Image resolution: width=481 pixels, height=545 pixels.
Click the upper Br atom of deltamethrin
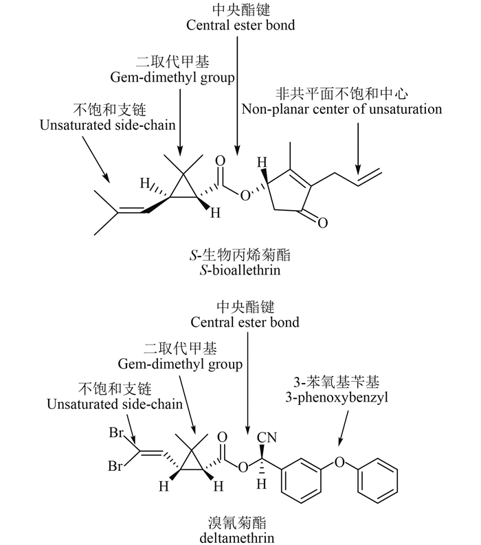(x=115, y=434)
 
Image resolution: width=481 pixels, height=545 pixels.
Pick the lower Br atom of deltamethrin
(x=115, y=466)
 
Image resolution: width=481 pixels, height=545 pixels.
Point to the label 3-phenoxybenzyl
(x=336, y=397)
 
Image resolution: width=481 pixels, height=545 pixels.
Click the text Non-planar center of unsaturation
(x=342, y=109)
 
